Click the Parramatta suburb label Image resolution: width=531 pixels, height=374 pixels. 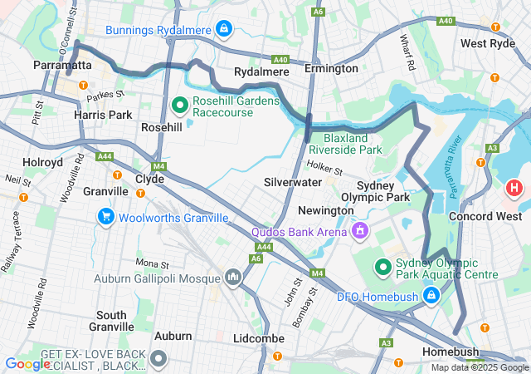click(62, 65)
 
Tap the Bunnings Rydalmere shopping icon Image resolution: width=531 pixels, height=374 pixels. click(222, 30)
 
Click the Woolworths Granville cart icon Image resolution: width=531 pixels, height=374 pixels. click(105, 218)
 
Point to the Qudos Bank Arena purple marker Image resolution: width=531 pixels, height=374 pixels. click(360, 230)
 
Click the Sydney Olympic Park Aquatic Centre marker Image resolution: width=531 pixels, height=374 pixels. click(382, 267)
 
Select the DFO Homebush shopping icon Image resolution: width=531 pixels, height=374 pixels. click(431, 295)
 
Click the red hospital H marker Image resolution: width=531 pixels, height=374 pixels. click(514, 188)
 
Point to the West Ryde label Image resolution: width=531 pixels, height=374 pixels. click(488, 43)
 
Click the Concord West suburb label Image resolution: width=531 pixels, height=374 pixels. click(483, 216)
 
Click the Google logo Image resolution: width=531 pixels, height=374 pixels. click(27, 363)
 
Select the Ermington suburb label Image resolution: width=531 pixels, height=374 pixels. click(331, 68)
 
